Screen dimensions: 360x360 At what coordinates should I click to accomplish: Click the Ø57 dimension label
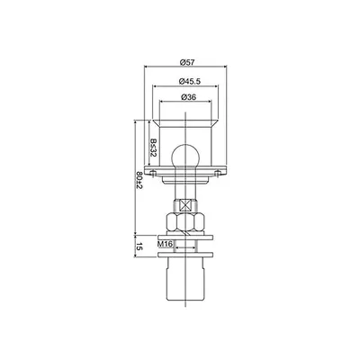point(187,62)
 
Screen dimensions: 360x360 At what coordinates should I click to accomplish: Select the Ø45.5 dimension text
point(189,81)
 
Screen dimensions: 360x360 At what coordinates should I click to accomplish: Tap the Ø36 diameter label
point(189,97)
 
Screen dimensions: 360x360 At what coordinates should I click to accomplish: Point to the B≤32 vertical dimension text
point(153,148)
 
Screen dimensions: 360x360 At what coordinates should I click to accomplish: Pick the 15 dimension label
point(139,247)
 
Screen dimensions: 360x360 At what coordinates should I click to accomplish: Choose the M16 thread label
point(165,244)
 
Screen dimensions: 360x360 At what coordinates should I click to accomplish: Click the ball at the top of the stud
point(185,156)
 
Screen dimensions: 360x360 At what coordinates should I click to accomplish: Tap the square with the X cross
point(185,206)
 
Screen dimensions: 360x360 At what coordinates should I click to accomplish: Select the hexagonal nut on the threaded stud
point(185,222)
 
